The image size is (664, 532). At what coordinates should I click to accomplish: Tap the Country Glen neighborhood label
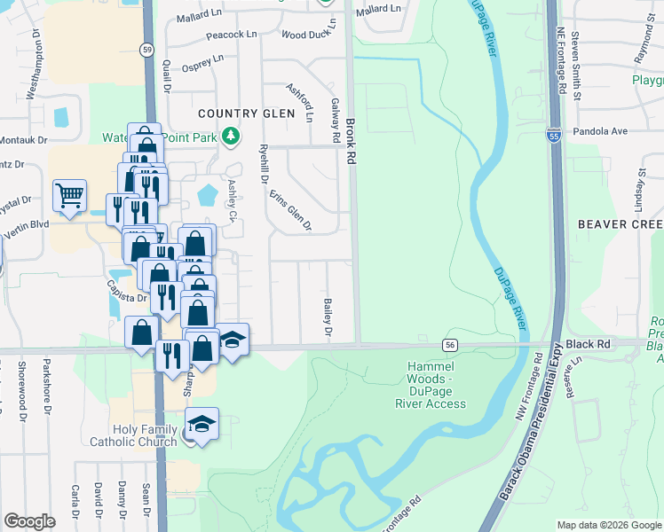245,113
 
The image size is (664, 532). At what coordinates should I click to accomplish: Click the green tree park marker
231,136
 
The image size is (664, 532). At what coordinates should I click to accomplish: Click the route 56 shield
450,344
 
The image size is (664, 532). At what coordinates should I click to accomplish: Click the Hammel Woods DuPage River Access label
431,385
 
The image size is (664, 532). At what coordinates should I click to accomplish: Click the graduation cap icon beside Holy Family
202,423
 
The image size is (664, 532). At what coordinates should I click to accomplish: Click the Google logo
30,520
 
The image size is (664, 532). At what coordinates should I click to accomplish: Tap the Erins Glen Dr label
291,211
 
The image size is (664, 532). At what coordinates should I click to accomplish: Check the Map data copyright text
608,525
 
